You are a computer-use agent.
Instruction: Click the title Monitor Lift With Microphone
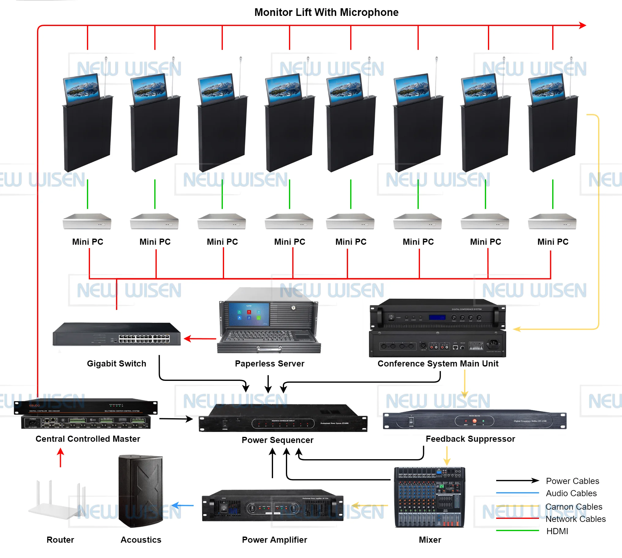(326, 12)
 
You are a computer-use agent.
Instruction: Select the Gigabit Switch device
(117, 334)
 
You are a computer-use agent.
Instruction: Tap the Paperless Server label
(270, 364)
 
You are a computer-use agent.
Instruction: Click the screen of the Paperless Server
(249, 314)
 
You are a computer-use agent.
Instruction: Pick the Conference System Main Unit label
(438, 364)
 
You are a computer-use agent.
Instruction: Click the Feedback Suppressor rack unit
(474, 420)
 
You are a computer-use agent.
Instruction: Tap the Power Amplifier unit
(273, 506)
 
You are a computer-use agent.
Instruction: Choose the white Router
(57, 503)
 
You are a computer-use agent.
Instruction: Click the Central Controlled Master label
(88, 439)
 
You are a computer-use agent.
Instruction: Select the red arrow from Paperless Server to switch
(200, 339)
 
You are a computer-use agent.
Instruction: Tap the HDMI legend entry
(557, 531)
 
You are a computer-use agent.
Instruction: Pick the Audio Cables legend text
(571, 493)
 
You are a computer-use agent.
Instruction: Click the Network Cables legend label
(575, 519)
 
